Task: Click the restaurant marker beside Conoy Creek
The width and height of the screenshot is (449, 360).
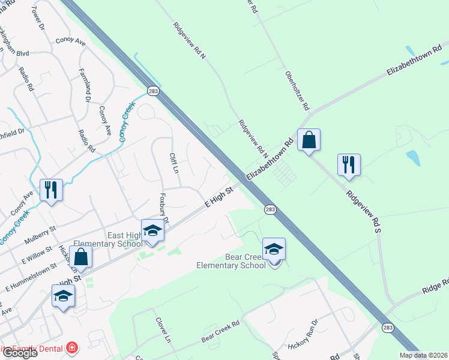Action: pos(51,190)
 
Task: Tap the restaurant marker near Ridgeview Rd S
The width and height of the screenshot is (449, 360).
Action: pos(349,164)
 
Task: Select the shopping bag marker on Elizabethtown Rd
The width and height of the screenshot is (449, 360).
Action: pos(309,140)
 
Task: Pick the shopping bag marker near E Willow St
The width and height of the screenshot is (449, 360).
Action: pos(80,257)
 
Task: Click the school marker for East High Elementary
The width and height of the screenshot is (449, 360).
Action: pos(152,231)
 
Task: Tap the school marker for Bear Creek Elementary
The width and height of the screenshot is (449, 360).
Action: pos(274,250)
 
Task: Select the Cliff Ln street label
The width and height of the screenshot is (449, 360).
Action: pos(175,163)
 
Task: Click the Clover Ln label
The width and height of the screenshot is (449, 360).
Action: pos(163,329)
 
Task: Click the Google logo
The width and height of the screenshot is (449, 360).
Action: pos(19,352)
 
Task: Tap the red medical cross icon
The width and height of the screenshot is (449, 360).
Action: pos(72,347)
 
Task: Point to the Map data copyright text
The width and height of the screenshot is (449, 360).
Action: pos(424,355)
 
